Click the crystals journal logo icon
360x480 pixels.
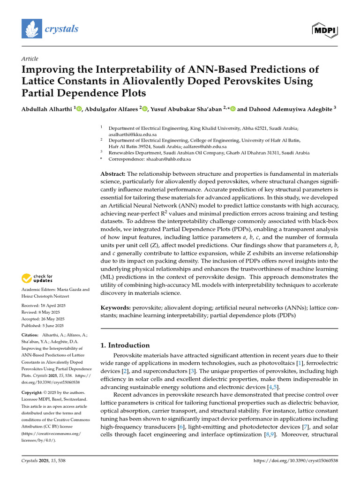coord(31,29)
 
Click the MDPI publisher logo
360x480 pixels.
coord(325,30)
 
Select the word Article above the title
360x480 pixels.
coord(30,59)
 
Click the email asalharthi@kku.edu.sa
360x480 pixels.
coord(133,134)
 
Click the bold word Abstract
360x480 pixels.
coord(113,173)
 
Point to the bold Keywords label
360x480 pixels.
coord(116,307)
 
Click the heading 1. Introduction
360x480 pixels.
coord(126,345)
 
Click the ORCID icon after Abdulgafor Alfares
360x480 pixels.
coord(145,109)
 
